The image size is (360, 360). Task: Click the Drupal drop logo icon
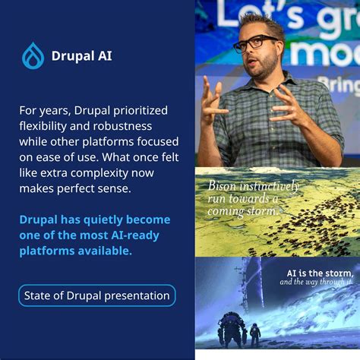tap(33, 55)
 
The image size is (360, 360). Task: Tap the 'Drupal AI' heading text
tap(81, 55)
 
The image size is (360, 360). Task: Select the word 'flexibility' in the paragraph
tap(45, 125)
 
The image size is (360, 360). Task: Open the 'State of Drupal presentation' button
tap(96, 295)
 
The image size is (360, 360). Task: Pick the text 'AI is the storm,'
tap(319, 273)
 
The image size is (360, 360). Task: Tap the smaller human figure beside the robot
tap(254, 333)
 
